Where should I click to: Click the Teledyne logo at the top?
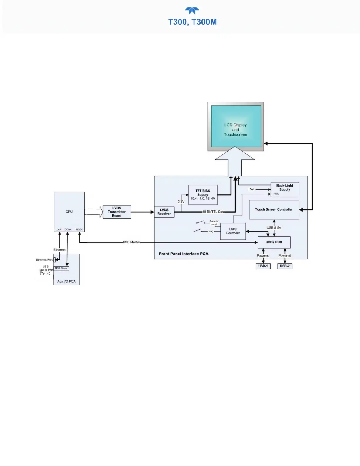click(x=192, y=11)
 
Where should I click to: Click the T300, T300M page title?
click(x=192, y=22)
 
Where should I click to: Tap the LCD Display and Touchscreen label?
click(x=236, y=130)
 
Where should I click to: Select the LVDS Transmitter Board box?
click(x=117, y=212)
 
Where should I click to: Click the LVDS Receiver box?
click(x=164, y=212)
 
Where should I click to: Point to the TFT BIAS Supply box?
click(x=203, y=195)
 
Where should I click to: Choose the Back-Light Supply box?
click(x=285, y=189)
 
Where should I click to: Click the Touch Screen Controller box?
click(x=274, y=209)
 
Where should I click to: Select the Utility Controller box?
click(x=233, y=231)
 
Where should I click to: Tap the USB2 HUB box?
click(x=274, y=242)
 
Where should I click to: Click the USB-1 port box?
click(x=263, y=266)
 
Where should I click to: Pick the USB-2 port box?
click(x=285, y=266)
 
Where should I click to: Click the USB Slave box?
click(x=61, y=268)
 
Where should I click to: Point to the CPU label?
click(x=69, y=212)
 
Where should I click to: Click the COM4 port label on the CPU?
click(x=68, y=229)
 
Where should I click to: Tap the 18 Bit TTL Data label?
click(x=214, y=212)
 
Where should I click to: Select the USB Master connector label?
click(x=131, y=242)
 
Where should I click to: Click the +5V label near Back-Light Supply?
click(x=251, y=189)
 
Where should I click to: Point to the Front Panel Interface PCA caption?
click(x=184, y=254)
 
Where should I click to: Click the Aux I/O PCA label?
click(x=66, y=282)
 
